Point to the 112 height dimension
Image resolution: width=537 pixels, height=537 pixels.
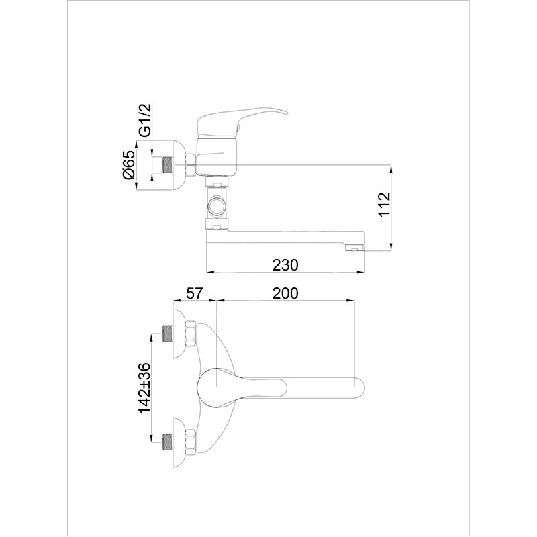point(384,205)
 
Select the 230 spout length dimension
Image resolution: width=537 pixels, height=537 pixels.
point(285,264)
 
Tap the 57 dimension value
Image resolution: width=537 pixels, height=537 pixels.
point(194,293)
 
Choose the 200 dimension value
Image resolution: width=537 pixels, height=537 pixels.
point(285,293)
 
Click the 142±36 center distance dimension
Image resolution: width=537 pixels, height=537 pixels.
point(145,388)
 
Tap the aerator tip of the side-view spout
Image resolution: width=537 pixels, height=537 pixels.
point(354,248)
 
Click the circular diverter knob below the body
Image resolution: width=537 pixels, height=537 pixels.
point(216,207)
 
